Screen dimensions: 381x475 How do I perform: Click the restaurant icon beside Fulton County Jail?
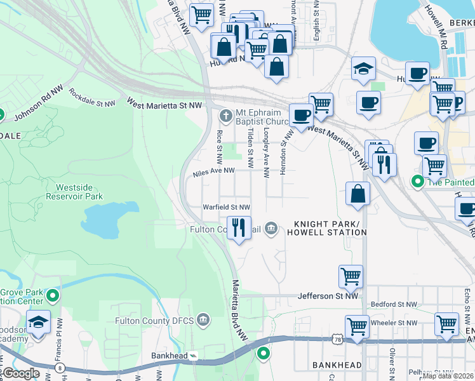click(x=239, y=227)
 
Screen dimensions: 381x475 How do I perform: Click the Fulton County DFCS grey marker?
click(x=204, y=319)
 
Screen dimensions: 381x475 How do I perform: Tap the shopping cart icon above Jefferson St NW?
click(x=351, y=276)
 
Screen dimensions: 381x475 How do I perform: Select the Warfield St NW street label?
click(x=226, y=207)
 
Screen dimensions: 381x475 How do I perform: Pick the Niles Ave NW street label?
click(x=214, y=171)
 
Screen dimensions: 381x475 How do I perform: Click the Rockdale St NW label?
click(x=92, y=98)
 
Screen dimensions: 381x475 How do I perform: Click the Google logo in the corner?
click(x=21, y=373)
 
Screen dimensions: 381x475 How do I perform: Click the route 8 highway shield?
click(x=59, y=366)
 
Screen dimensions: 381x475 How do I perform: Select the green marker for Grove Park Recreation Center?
click(x=53, y=296)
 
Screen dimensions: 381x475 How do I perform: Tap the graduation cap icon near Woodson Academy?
click(x=38, y=322)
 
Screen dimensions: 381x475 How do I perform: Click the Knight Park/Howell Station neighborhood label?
click(x=330, y=229)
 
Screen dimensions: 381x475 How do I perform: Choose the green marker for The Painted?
click(x=417, y=182)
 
